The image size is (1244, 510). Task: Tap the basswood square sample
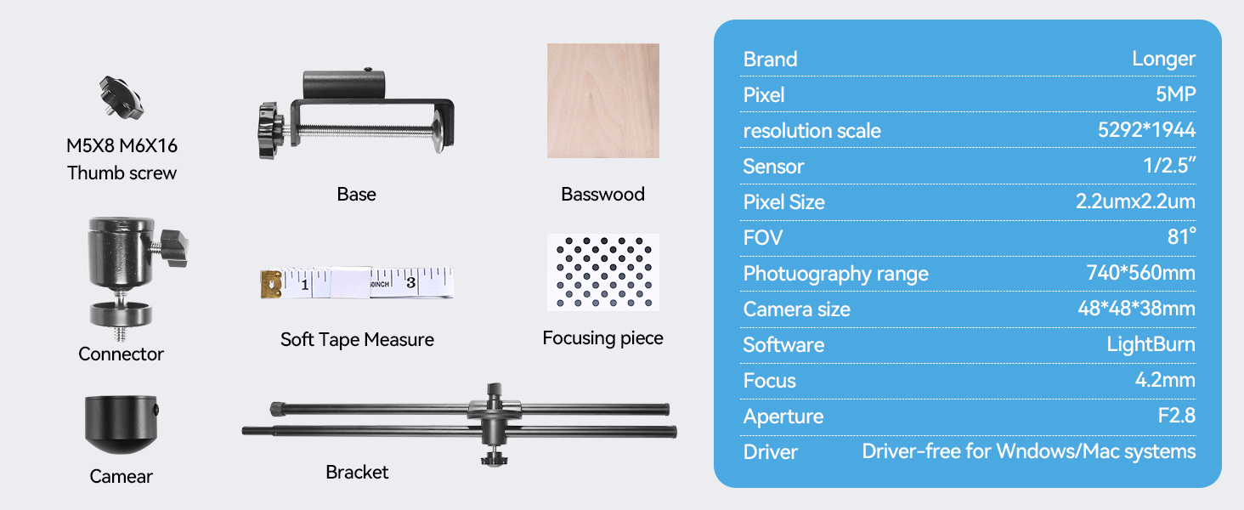(602, 100)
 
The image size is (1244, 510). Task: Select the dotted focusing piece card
(602, 272)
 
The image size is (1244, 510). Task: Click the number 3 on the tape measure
(410, 282)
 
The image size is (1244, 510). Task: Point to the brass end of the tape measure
(271, 284)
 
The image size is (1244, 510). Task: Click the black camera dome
(121, 423)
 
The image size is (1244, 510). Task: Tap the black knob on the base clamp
(274, 130)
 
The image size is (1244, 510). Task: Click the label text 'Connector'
(121, 354)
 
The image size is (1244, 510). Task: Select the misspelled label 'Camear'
(121, 476)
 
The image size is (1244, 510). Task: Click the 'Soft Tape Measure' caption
(357, 340)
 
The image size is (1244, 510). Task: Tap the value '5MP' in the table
(1175, 94)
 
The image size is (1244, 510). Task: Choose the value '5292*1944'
(1146, 130)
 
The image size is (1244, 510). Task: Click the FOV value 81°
(1181, 237)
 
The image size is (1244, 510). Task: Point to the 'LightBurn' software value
(1151, 344)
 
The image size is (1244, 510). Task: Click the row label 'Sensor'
(773, 166)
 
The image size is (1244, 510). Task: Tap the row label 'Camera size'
(796, 309)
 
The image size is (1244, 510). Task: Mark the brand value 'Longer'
(1163, 59)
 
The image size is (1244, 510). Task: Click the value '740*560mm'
(1140, 273)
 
